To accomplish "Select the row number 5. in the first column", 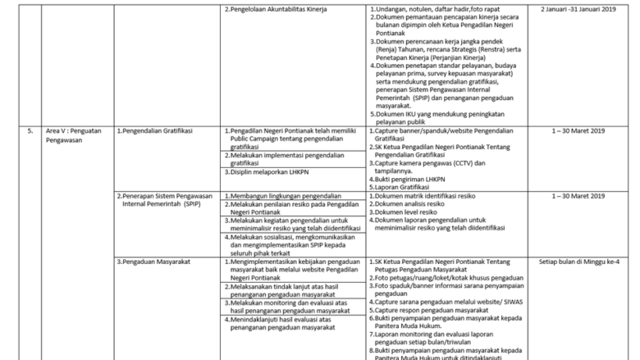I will tap(30, 130).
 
